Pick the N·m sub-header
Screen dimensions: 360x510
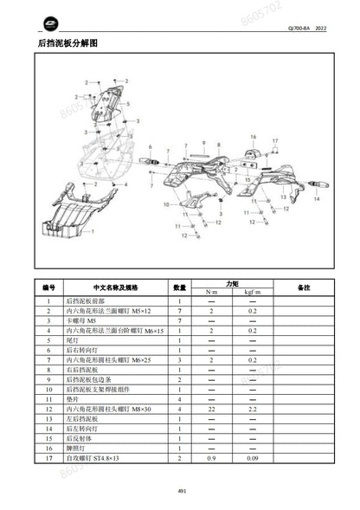pyautogui.click(x=212, y=292)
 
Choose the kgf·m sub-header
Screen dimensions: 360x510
pyautogui.click(x=252, y=292)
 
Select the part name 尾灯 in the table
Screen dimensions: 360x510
pyautogui.click(x=77, y=340)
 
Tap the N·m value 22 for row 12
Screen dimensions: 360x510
pyautogui.click(x=212, y=407)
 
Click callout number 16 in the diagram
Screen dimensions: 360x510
pyautogui.click(x=254, y=137)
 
